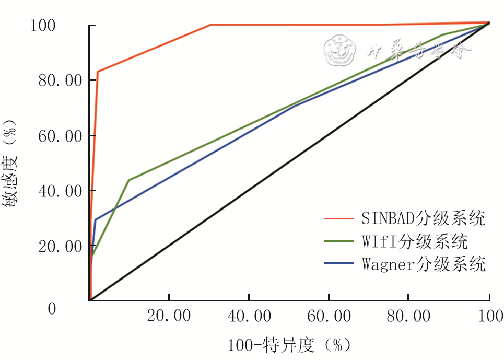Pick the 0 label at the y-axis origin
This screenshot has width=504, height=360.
(x=51, y=309)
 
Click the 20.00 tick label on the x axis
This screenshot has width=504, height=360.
(x=169, y=316)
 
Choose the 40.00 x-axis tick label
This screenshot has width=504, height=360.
(x=249, y=316)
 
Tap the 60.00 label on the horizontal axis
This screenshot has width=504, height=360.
(x=329, y=316)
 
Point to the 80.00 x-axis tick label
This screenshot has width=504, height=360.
(x=408, y=316)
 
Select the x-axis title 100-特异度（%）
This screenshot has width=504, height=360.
(x=289, y=345)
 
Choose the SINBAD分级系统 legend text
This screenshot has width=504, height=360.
(x=424, y=218)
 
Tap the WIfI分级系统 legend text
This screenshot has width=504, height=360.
(x=415, y=241)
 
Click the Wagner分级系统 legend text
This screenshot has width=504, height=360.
(x=424, y=264)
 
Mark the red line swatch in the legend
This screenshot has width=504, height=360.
(x=338, y=218)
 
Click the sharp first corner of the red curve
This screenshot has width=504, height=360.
(x=98, y=71)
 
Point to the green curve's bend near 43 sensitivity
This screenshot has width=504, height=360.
(x=129, y=180)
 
